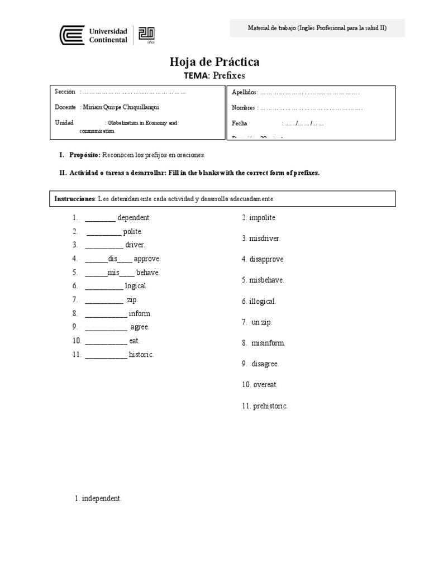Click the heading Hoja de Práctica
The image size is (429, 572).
pos(214,62)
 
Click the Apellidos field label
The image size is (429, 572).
pos(244,92)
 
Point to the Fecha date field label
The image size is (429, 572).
pos(240,123)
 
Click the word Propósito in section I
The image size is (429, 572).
pos(84,154)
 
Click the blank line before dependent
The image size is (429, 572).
pos(100,218)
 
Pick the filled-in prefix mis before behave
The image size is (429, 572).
pos(114,273)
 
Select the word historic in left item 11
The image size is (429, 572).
pos(141,355)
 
